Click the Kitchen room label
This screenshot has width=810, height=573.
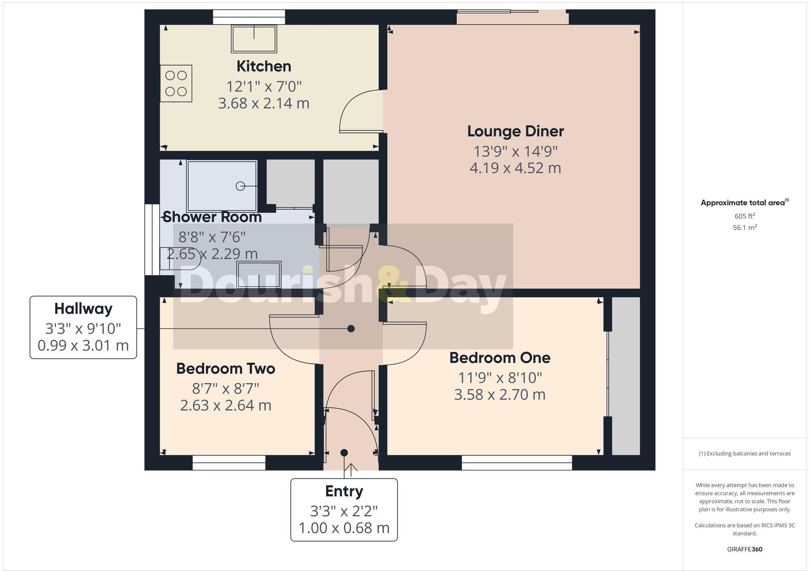pyautogui.click(x=264, y=66)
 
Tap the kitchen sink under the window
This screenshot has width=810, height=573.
pyautogui.click(x=254, y=39)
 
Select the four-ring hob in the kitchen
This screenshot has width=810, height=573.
pyautogui.click(x=176, y=83)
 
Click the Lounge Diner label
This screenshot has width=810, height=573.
pyautogui.click(x=515, y=131)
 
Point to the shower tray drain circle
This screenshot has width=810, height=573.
pyautogui.click(x=240, y=186)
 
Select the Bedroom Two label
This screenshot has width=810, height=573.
pyautogui.click(x=226, y=369)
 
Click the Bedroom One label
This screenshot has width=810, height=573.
pyautogui.click(x=500, y=358)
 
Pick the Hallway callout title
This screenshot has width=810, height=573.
pyautogui.click(x=83, y=309)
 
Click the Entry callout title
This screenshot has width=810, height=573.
pyautogui.click(x=344, y=491)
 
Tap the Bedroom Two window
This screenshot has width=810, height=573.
pyautogui.click(x=229, y=462)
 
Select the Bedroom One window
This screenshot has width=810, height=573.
pyautogui.click(x=517, y=462)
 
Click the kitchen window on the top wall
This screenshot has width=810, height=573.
pyautogui.click(x=249, y=17)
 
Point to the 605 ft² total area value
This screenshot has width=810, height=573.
pyautogui.click(x=744, y=216)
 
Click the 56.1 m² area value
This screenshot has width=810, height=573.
pyautogui.click(x=744, y=228)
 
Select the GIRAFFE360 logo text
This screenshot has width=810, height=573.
pyautogui.click(x=744, y=550)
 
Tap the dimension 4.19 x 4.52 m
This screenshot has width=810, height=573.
pyautogui.click(x=515, y=168)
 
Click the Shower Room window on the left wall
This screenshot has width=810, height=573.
pyautogui.click(x=152, y=240)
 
